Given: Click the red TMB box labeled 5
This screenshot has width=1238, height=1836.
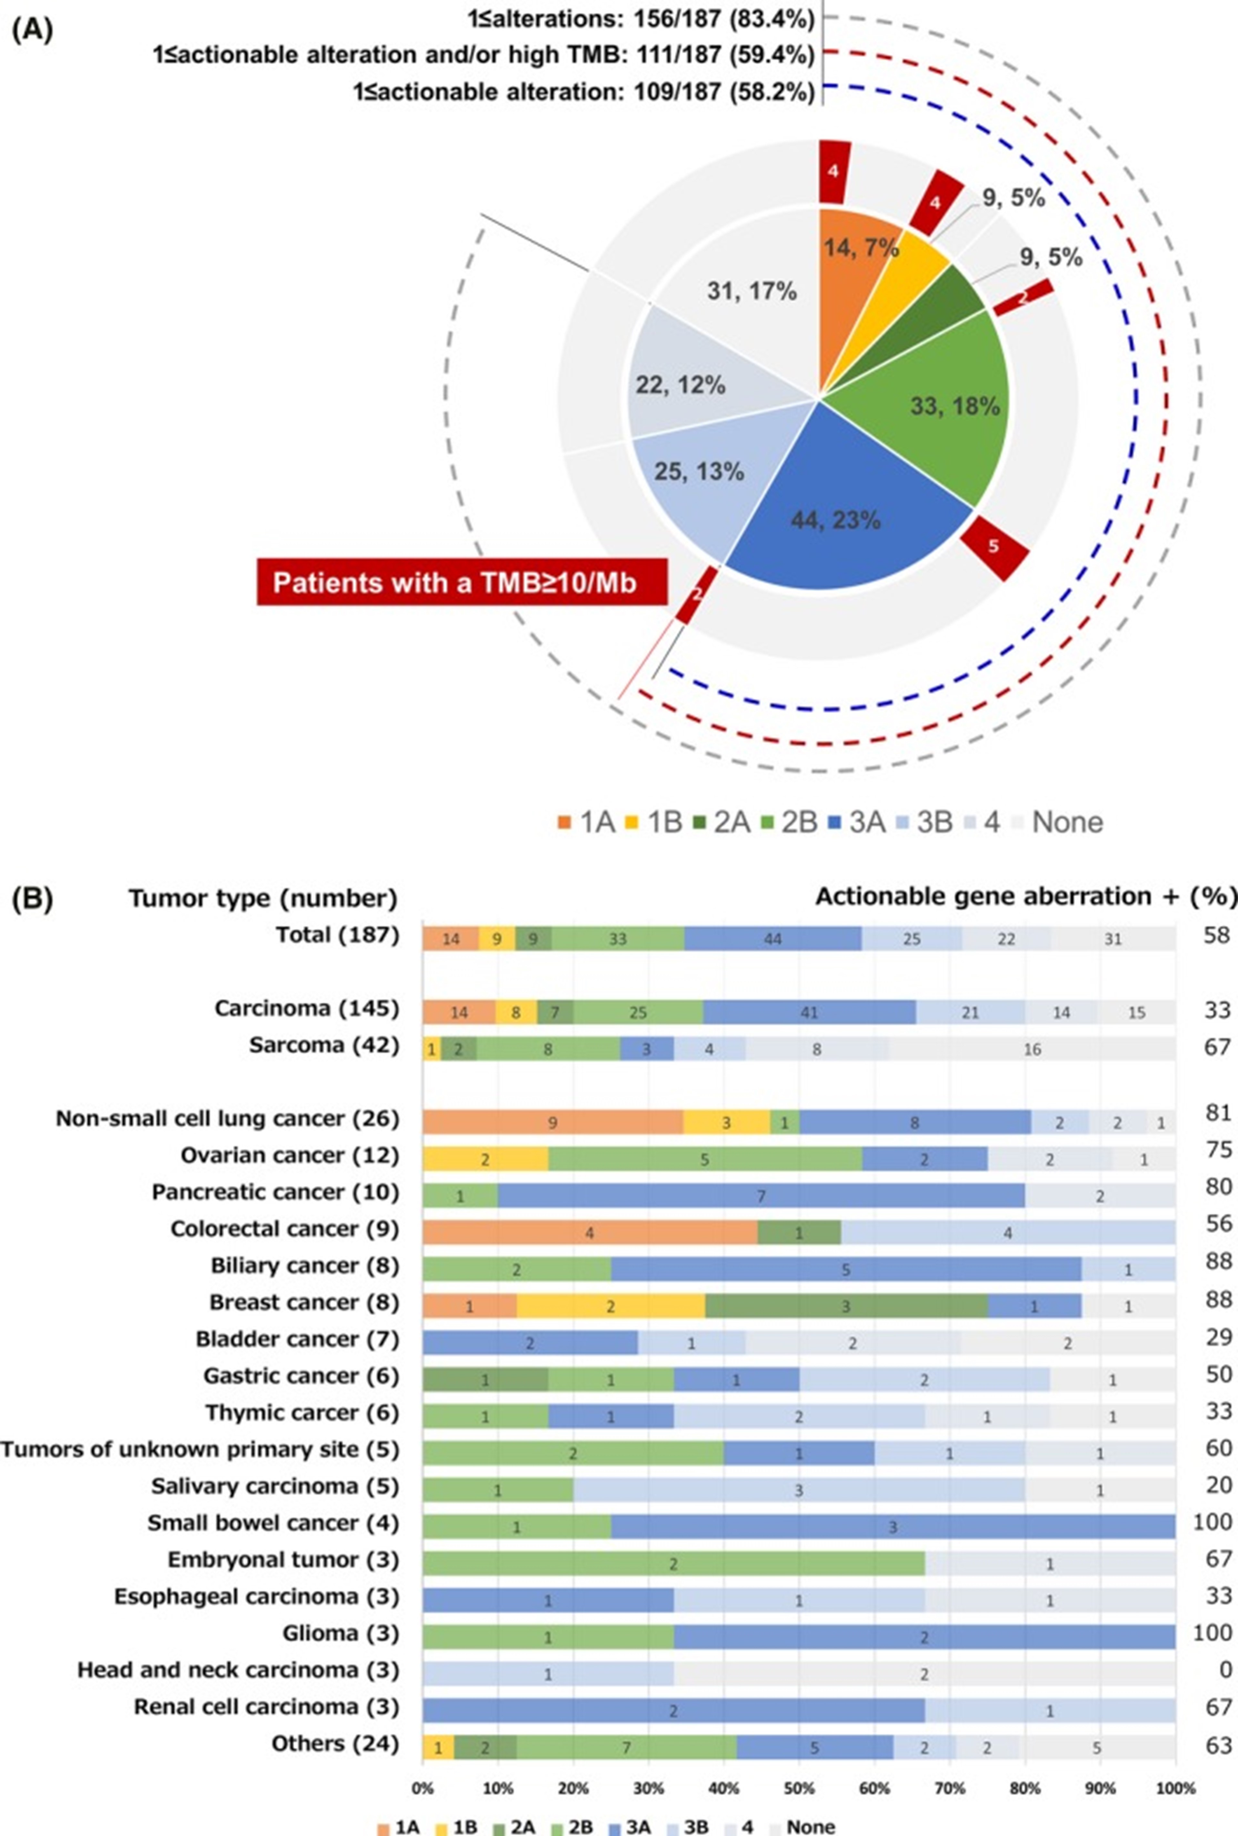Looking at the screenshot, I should click(x=994, y=547).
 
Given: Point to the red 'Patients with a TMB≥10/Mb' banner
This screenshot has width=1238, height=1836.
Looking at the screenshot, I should click(x=462, y=583).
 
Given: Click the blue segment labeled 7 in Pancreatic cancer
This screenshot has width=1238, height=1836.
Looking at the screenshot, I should click(x=761, y=1195).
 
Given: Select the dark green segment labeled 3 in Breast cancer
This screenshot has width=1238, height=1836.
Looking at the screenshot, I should click(x=845, y=1306).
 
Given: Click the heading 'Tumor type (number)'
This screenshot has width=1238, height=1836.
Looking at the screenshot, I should click(x=263, y=898).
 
